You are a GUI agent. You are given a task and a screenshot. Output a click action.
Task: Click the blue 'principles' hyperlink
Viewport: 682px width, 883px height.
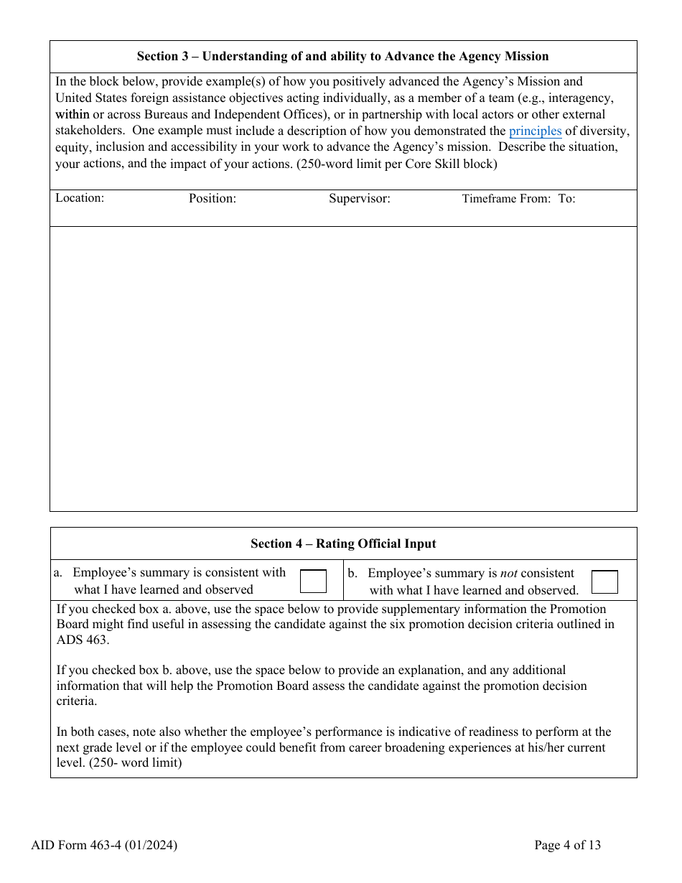point(535,131)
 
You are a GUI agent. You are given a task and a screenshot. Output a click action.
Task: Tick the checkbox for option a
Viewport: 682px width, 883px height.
point(313,581)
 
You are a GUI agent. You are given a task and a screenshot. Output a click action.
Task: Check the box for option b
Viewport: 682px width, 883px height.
point(604,581)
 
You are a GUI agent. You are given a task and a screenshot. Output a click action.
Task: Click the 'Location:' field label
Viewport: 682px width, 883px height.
point(80,198)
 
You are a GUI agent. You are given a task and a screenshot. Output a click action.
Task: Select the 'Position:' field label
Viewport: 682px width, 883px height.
point(212,199)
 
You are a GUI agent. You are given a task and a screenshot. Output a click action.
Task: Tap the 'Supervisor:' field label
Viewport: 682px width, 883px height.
point(359,199)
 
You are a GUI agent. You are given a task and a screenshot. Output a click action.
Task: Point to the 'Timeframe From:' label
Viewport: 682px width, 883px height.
point(505,199)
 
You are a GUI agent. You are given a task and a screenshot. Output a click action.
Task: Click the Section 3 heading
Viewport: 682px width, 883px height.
point(342,57)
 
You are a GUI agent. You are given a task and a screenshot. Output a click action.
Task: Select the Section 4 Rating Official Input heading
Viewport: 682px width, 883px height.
point(342,544)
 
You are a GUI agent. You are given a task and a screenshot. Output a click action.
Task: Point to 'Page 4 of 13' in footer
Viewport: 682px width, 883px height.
point(567,845)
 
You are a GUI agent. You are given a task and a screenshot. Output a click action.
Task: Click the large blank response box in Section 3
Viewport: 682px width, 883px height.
point(342,368)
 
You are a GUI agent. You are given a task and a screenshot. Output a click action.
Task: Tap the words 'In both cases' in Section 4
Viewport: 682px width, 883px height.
point(91,732)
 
